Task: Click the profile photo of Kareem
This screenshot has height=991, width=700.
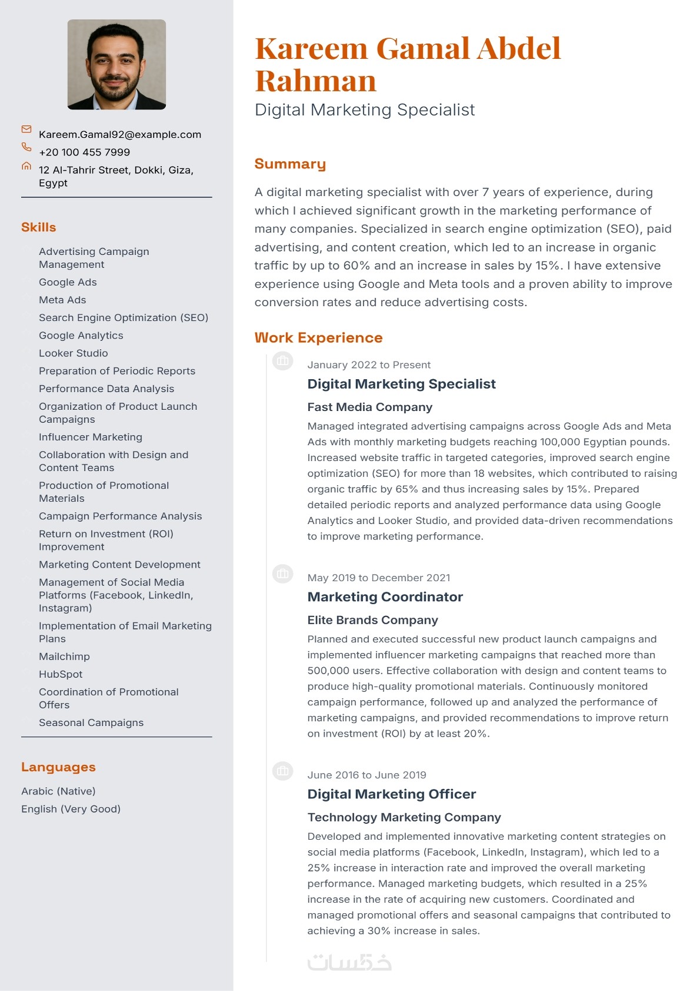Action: coord(116,64)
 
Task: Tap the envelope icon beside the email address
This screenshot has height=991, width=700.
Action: coord(26,129)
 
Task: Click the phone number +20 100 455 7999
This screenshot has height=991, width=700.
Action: coord(84,152)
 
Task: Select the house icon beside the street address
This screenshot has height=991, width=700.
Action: coord(26,166)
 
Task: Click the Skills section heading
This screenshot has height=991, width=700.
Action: coord(39,227)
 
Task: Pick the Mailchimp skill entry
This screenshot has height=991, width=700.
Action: coord(64,656)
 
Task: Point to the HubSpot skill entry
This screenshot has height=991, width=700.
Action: coord(61,674)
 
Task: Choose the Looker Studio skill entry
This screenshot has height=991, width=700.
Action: coord(74,353)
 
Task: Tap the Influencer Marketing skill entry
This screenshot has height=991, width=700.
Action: coord(91,437)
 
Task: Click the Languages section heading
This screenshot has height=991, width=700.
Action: coord(58,767)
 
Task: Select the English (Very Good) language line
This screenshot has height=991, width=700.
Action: coord(71,808)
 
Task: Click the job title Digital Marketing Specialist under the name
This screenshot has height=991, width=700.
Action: coord(364,110)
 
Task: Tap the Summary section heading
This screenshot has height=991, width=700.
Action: coord(290,164)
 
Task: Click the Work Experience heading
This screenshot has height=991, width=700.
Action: coord(318,337)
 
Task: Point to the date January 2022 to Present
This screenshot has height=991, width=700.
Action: coord(369,364)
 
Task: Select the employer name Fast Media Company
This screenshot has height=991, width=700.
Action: coord(369,407)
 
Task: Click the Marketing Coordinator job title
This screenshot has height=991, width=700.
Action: coord(385,596)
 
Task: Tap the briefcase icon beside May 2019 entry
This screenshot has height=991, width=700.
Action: coord(283,573)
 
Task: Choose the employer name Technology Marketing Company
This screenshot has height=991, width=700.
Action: coord(404,817)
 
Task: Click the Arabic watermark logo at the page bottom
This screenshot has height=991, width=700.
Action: coord(349,962)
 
